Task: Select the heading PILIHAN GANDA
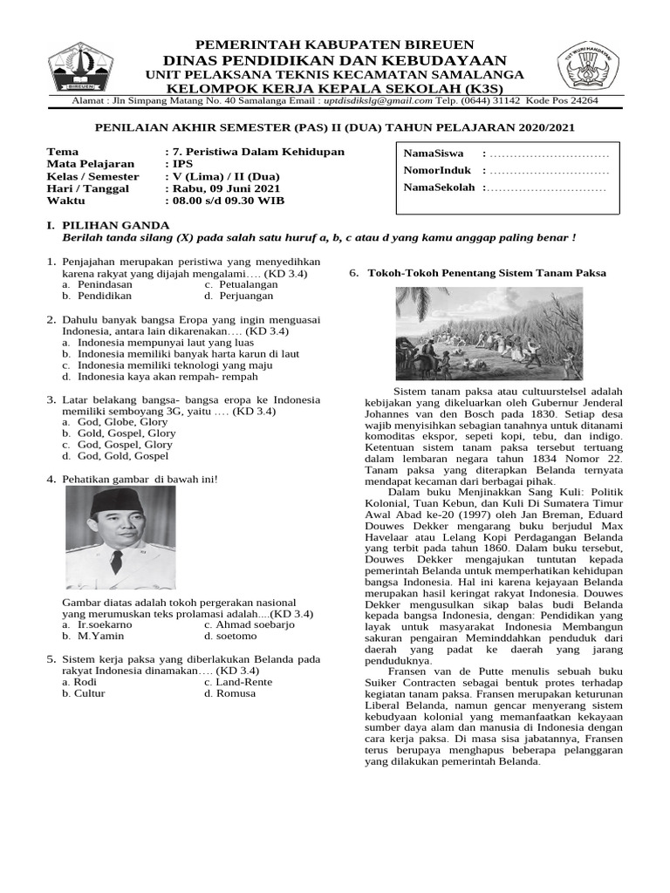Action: (x=110, y=225)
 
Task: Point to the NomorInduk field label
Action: (x=438, y=171)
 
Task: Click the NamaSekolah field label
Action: (x=440, y=187)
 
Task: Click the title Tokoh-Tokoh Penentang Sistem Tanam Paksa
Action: (x=487, y=273)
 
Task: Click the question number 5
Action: (x=51, y=659)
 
